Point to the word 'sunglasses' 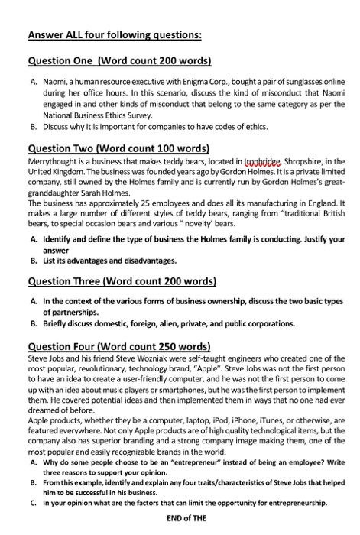click(307, 80)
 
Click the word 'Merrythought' click(54, 162)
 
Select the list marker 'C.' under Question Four click(34, 503)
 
